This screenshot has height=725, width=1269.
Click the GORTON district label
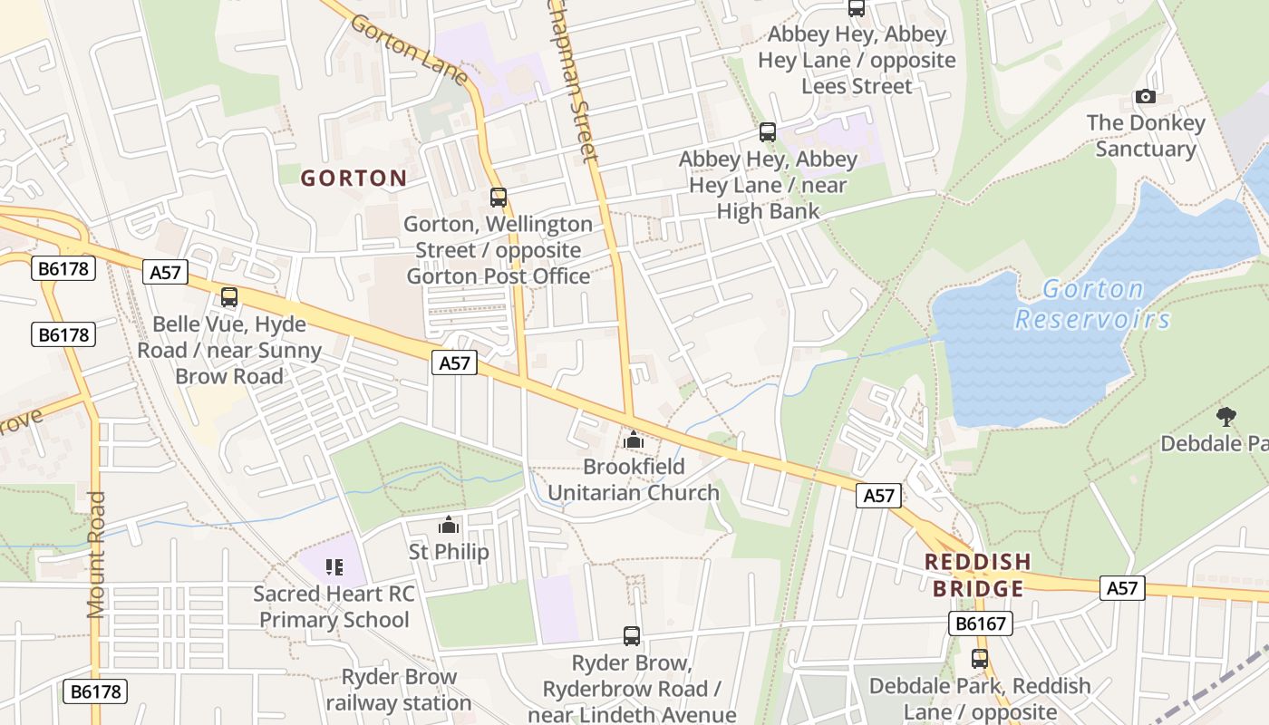click(354, 178)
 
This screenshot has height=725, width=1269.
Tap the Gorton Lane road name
click(408, 51)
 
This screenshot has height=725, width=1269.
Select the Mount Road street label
click(96, 555)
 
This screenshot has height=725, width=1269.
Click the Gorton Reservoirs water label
click(1093, 304)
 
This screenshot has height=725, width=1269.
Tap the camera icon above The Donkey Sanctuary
click(1146, 96)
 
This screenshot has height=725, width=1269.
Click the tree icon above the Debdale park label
click(1226, 417)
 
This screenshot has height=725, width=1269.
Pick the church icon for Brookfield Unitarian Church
click(634, 440)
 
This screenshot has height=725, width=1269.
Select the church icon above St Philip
click(449, 525)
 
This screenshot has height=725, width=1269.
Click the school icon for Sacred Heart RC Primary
click(334, 567)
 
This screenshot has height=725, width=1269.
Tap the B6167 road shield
click(980, 623)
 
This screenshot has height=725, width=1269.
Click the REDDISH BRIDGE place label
click(978, 575)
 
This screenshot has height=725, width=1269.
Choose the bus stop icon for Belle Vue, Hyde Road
click(229, 296)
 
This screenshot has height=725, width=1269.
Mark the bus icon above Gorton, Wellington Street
click(498, 197)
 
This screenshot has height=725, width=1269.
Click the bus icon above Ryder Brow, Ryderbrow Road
click(632, 636)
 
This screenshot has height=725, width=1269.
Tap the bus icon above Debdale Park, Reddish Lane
click(980, 659)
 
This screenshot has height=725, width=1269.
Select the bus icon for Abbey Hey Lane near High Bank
click(768, 132)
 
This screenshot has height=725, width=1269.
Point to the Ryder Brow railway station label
click(399, 690)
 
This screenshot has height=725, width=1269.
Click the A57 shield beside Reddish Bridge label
click(1121, 588)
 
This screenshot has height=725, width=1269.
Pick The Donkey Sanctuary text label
click(1146, 136)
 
